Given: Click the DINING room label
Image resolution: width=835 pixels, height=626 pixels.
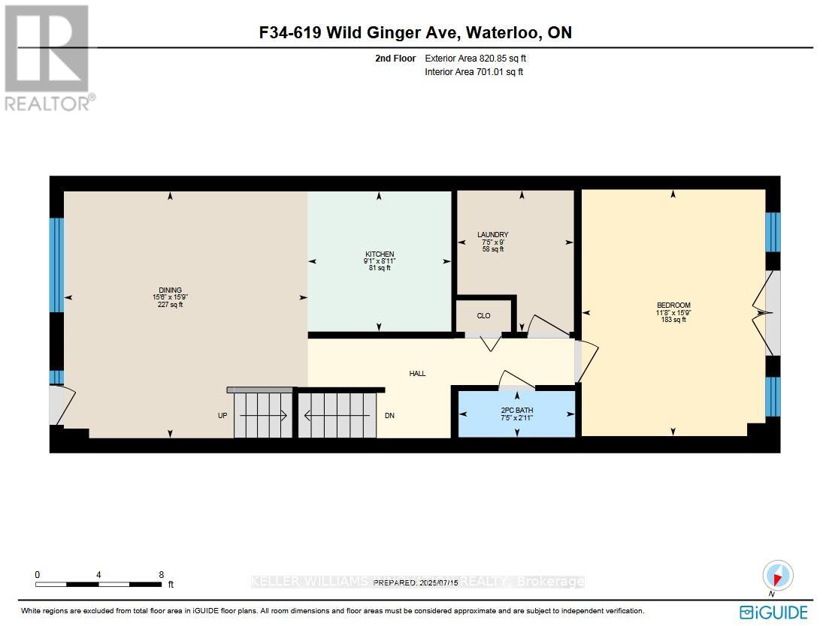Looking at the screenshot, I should click(x=170, y=290).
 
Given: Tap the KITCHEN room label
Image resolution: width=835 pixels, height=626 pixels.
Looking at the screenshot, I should click(x=380, y=254).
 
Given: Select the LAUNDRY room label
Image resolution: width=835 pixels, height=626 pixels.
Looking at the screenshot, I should click(x=494, y=235).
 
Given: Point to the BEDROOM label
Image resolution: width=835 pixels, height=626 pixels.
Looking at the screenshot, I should click(x=673, y=305).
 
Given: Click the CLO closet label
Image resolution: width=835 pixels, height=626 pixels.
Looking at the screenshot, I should click(x=483, y=316).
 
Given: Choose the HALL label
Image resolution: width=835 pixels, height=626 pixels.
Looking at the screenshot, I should click(x=417, y=373).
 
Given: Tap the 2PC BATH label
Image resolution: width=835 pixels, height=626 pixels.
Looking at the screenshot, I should click(x=516, y=411).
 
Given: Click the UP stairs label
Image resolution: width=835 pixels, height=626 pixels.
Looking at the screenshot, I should click(x=222, y=415).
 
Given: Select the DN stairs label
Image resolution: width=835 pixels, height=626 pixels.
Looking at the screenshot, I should click(x=389, y=415).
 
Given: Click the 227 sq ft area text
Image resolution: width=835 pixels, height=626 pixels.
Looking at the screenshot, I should click(x=170, y=305).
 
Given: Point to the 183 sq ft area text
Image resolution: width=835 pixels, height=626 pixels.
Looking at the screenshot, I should click(x=673, y=320).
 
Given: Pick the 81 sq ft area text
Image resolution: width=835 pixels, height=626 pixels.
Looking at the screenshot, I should click(x=380, y=268).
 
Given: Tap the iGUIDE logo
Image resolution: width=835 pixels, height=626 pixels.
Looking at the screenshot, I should click(x=773, y=611).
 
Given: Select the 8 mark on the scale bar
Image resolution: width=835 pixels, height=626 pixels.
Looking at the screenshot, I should click(x=161, y=574).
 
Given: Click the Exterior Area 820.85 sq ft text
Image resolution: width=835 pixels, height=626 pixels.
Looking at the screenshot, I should click(x=481, y=58).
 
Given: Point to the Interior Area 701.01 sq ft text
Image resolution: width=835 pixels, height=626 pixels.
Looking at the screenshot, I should click(x=473, y=72).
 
